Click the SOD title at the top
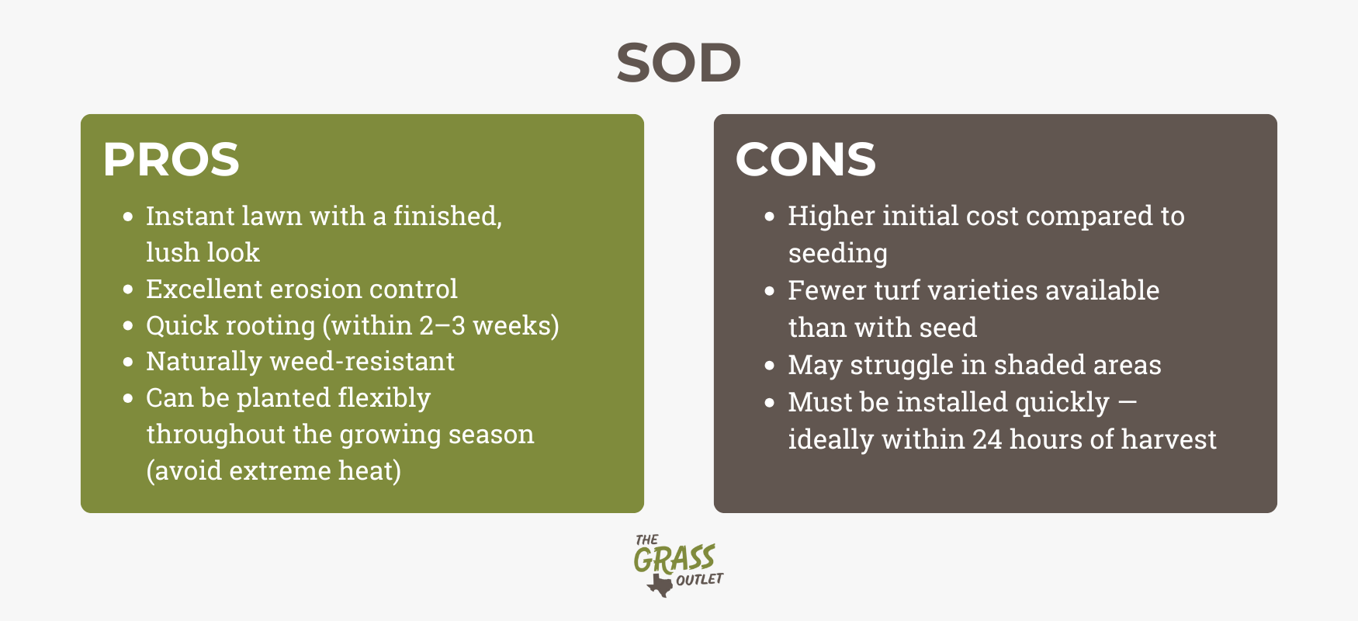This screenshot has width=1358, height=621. click(x=678, y=62)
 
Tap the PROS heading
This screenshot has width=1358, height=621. click(x=171, y=159)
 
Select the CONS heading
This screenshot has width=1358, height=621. click(x=805, y=159)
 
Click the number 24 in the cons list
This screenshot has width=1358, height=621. click(x=987, y=439)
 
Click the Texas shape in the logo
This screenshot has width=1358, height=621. click(x=660, y=585)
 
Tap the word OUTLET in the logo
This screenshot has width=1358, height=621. click(x=699, y=580)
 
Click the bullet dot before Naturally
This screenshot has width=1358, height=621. click(x=128, y=363)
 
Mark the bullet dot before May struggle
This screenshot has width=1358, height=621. click(x=770, y=366)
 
